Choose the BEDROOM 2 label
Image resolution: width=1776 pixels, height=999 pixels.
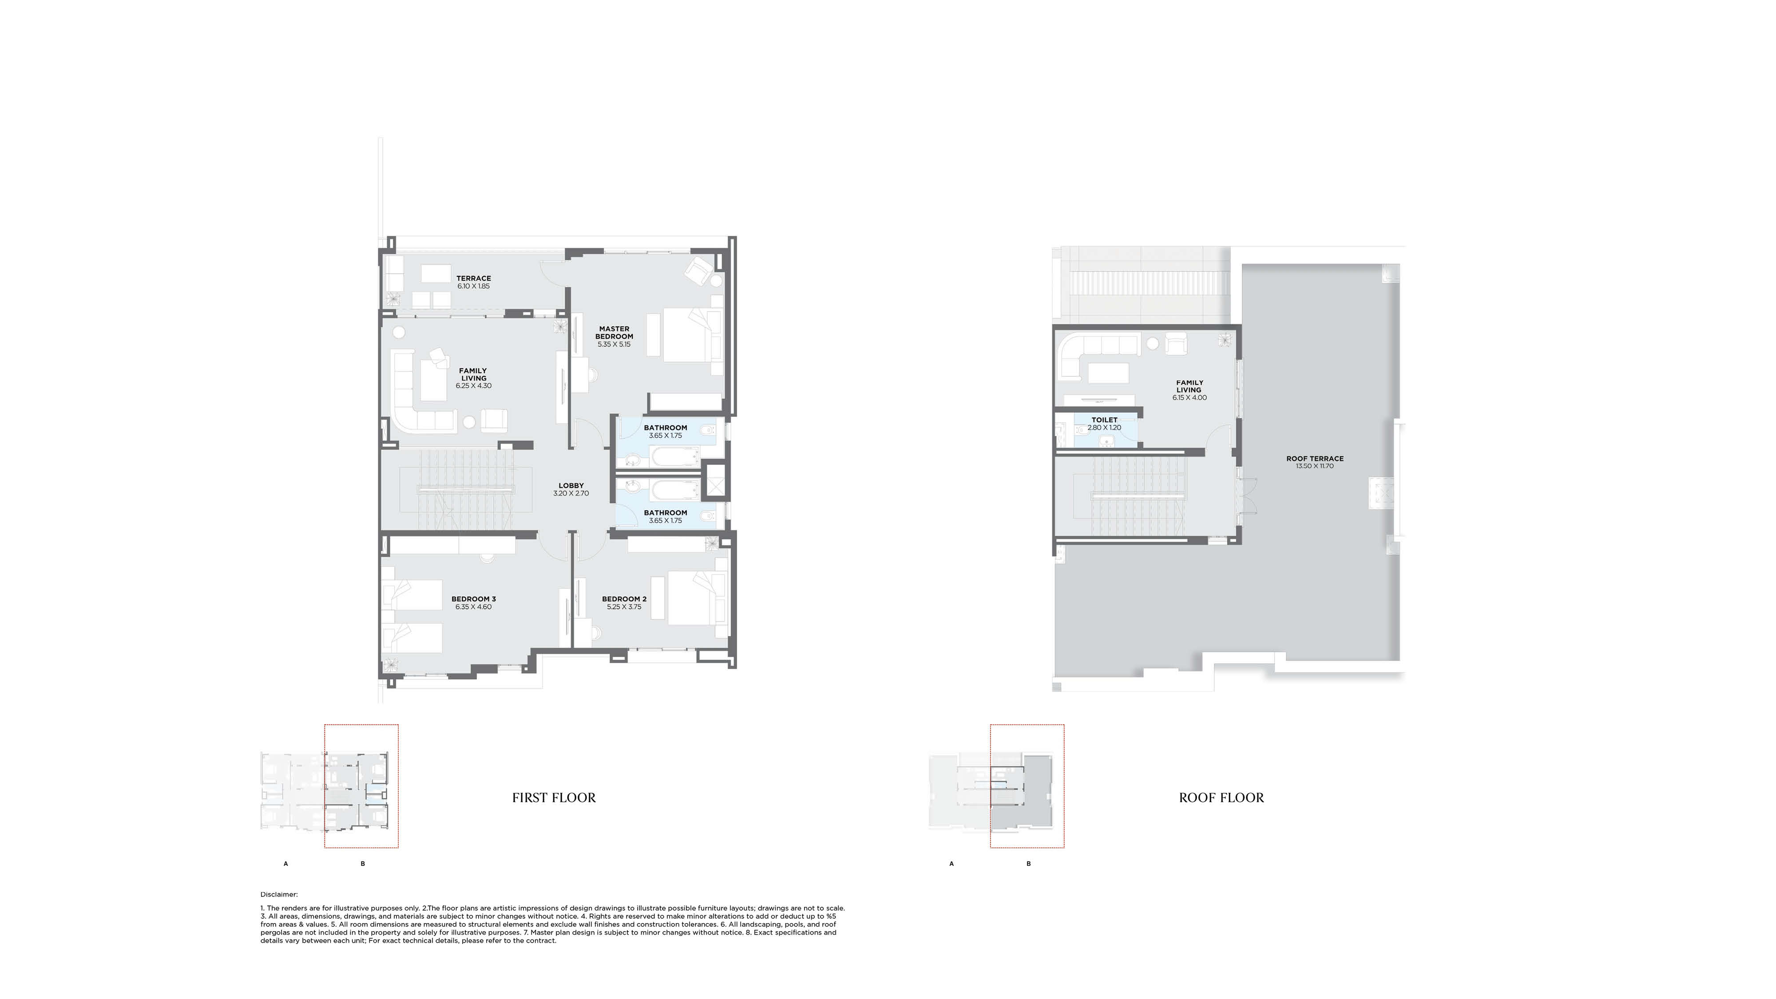(x=624, y=599)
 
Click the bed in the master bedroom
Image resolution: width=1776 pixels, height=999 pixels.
(x=686, y=335)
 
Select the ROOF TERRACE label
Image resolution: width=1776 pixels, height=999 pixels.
(x=1314, y=458)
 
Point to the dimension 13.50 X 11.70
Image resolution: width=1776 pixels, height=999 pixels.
(x=1314, y=466)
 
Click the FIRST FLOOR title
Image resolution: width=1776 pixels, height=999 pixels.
(x=554, y=798)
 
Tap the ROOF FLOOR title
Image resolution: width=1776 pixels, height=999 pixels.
(x=1221, y=798)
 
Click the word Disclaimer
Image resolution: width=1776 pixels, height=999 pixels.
(x=278, y=894)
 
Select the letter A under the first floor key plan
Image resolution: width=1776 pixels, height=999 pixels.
(x=285, y=863)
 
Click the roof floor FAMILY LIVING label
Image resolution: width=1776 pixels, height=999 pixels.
(x=1189, y=386)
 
